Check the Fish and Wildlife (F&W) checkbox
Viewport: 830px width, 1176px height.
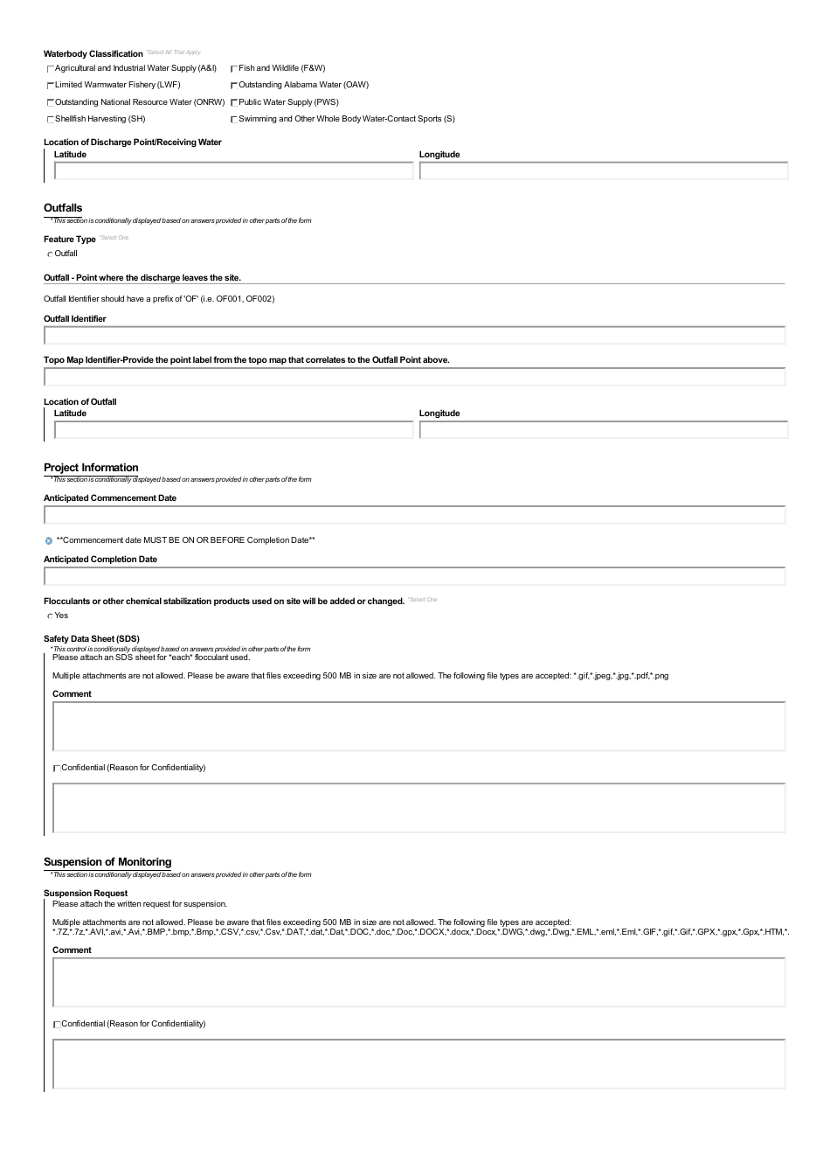click(234, 68)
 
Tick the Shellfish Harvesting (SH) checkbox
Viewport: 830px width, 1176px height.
click(51, 119)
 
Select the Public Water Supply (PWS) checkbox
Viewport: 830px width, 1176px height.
click(234, 102)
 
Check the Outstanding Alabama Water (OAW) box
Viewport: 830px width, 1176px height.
click(234, 86)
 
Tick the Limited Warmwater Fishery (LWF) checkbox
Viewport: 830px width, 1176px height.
click(51, 86)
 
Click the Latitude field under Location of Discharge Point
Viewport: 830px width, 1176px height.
click(233, 171)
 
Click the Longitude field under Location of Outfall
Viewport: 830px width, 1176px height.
click(603, 430)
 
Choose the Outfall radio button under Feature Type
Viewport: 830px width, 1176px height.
click(50, 254)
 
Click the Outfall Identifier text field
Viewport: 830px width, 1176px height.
click(414, 336)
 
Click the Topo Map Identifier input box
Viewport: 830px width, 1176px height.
click(414, 377)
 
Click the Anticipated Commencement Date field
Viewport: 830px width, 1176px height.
click(414, 515)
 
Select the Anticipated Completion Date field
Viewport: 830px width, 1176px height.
click(414, 576)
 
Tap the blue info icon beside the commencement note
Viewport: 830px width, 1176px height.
click(49, 540)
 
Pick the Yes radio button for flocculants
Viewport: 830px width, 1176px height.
click(50, 616)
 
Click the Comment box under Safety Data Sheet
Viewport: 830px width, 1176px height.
click(418, 727)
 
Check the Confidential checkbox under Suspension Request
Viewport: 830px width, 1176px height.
click(57, 1024)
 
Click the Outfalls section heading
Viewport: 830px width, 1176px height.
click(63, 208)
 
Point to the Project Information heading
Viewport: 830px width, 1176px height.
click(91, 468)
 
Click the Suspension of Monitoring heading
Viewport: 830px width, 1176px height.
click(107, 862)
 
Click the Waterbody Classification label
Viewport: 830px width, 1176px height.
click(93, 54)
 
